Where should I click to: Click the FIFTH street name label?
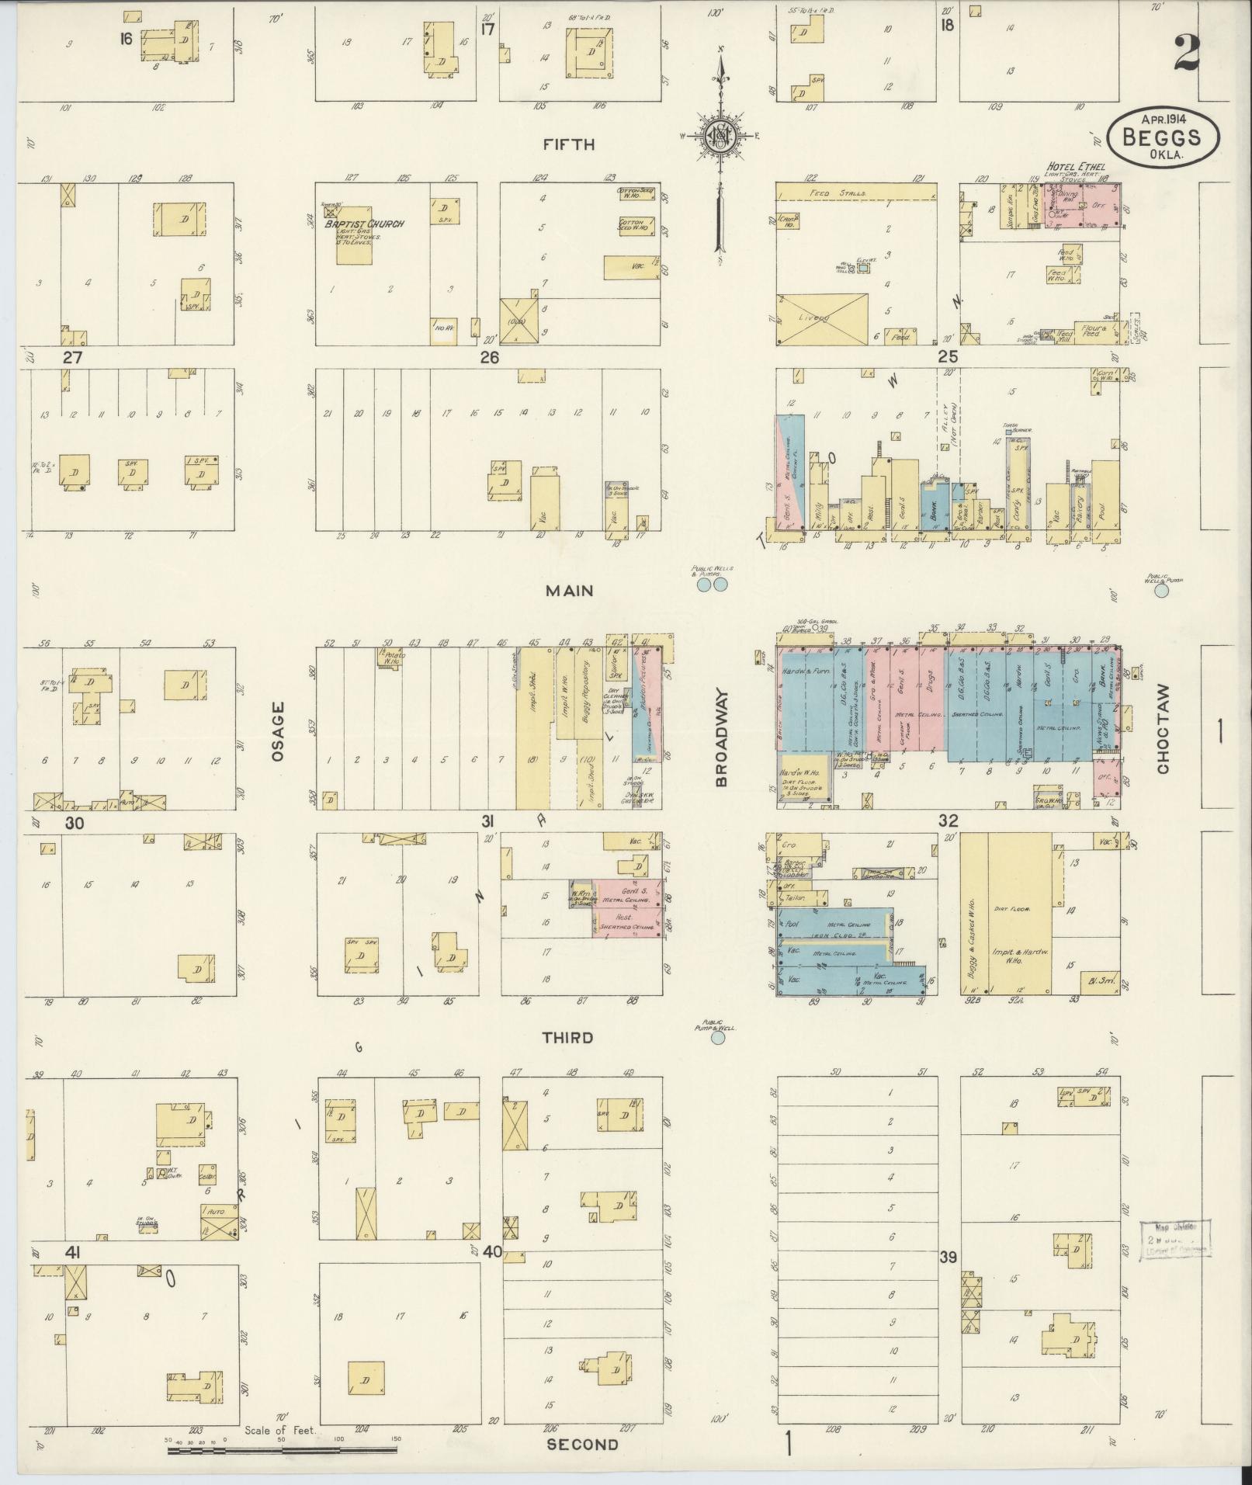tap(568, 144)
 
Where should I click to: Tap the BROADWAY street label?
tap(720, 737)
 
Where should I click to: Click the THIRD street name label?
tap(567, 1038)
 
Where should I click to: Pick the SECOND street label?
tap(583, 1445)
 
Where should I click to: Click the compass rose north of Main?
tap(720, 138)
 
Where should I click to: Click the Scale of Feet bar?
tap(283, 1449)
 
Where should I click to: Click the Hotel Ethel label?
tap(1075, 166)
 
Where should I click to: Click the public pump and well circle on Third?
tap(718, 1037)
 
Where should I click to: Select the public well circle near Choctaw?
tap(1161, 591)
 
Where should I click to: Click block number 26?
tap(489, 357)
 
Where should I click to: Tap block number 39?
tap(948, 1257)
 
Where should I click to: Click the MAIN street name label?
tap(568, 591)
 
